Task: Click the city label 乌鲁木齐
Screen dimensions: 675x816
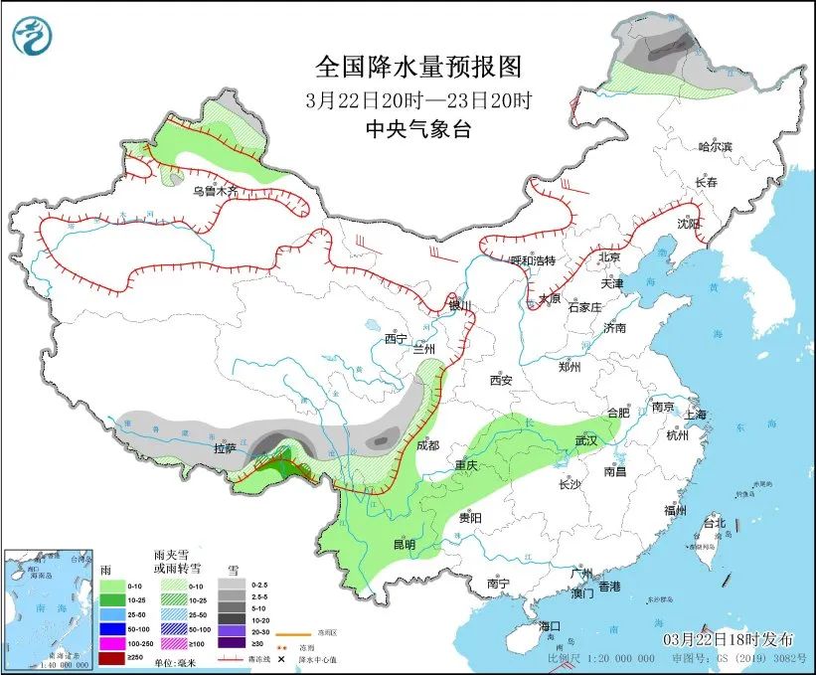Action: (216, 191)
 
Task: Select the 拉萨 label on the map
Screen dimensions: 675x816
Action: (226, 449)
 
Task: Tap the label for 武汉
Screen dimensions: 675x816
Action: (586, 440)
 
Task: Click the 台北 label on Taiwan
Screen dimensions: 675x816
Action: (714, 523)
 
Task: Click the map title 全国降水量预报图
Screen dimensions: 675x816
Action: (417, 67)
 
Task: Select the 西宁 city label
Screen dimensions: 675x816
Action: (397, 339)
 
